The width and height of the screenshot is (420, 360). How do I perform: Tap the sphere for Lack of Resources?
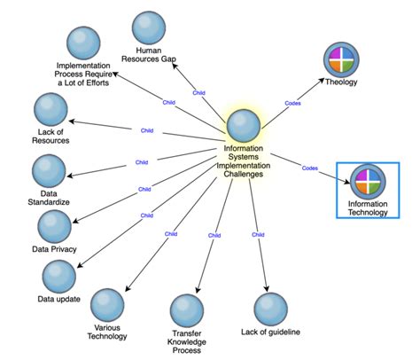tap(50, 111)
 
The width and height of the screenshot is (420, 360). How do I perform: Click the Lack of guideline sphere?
tap(271, 309)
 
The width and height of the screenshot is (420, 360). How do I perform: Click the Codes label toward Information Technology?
tap(309, 168)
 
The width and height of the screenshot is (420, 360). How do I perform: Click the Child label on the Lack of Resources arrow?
tap(147, 130)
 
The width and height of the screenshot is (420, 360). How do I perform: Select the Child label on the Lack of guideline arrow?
tap(258, 235)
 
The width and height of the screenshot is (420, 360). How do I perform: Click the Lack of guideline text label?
tap(271, 332)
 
